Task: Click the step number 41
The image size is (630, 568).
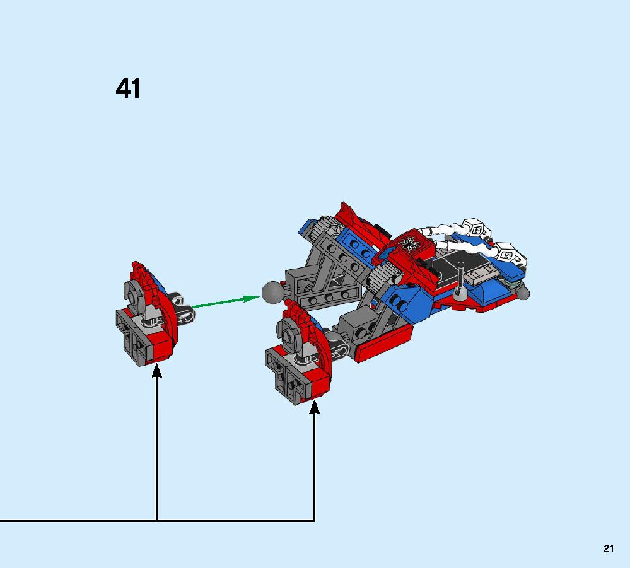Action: pos(128,88)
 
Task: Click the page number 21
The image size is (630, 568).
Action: pos(609,548)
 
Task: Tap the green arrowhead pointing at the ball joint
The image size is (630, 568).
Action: pos(252,298)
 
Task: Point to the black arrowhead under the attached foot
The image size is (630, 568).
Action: pos(314,406)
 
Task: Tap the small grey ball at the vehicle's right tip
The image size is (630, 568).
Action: pos(523,293)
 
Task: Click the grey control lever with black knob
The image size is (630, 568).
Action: pos(461,281)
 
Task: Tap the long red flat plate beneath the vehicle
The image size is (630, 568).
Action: pos(384,343)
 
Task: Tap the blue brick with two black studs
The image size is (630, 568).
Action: pos(405,303)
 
